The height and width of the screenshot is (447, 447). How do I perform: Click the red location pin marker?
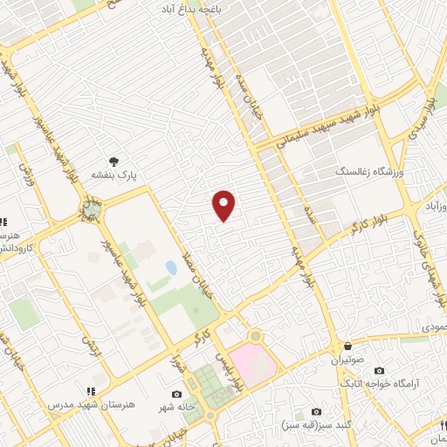(224, 205)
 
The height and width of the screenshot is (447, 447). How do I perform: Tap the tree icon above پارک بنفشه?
(113, 161)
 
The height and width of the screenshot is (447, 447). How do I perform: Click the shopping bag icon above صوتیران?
(347, 346)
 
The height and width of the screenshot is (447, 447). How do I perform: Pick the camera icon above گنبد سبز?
(316, 411)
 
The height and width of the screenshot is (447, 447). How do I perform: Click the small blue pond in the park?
(171, 268)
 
